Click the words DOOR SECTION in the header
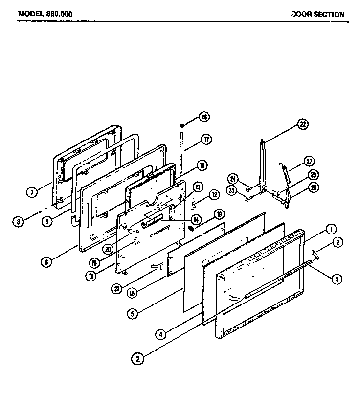tap(317, 14)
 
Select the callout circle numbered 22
tap(303, 125)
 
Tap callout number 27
tap(309, 162)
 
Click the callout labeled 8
tap(18, 222)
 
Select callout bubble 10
tap(201, 165)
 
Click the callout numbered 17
tap(206, 140)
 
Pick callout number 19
tap(219, 214)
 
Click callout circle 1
tap(332, 229)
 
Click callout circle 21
tap(117, 289)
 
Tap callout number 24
tap(233, 179)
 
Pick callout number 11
tap(91, 275)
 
